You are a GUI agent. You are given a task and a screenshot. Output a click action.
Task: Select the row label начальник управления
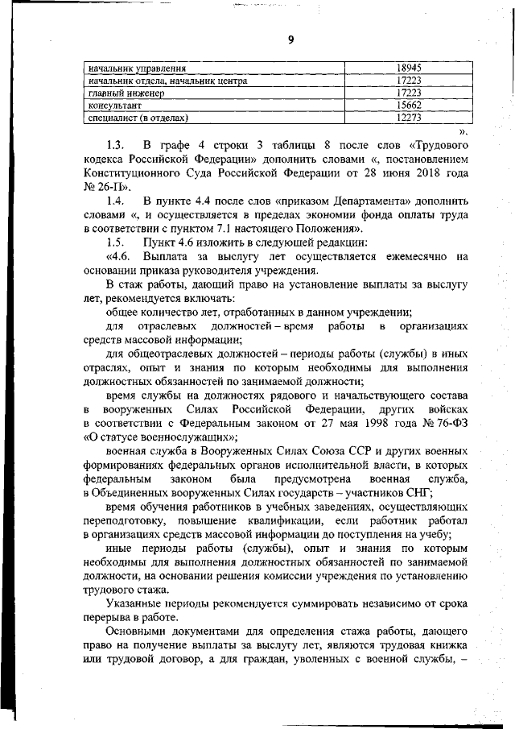(x=137, y=68)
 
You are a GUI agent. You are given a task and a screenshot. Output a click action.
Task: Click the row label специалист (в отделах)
(x=138, y=118)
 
